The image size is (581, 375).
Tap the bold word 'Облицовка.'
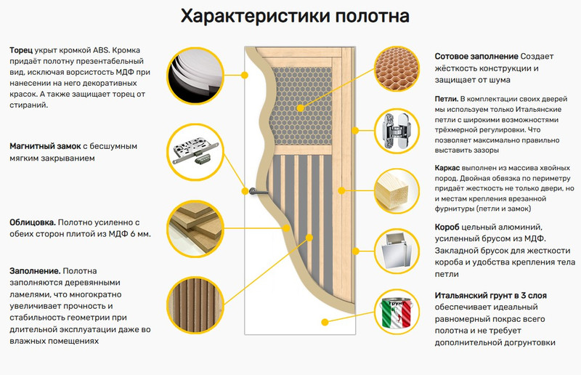[32, 222]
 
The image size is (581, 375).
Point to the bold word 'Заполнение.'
[35, 270]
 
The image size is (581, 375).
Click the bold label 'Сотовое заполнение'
[476, 56]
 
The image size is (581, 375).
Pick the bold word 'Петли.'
[446, 98]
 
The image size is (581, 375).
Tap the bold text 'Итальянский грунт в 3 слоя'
[490, 296]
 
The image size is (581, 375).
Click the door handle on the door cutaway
[253, 191]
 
